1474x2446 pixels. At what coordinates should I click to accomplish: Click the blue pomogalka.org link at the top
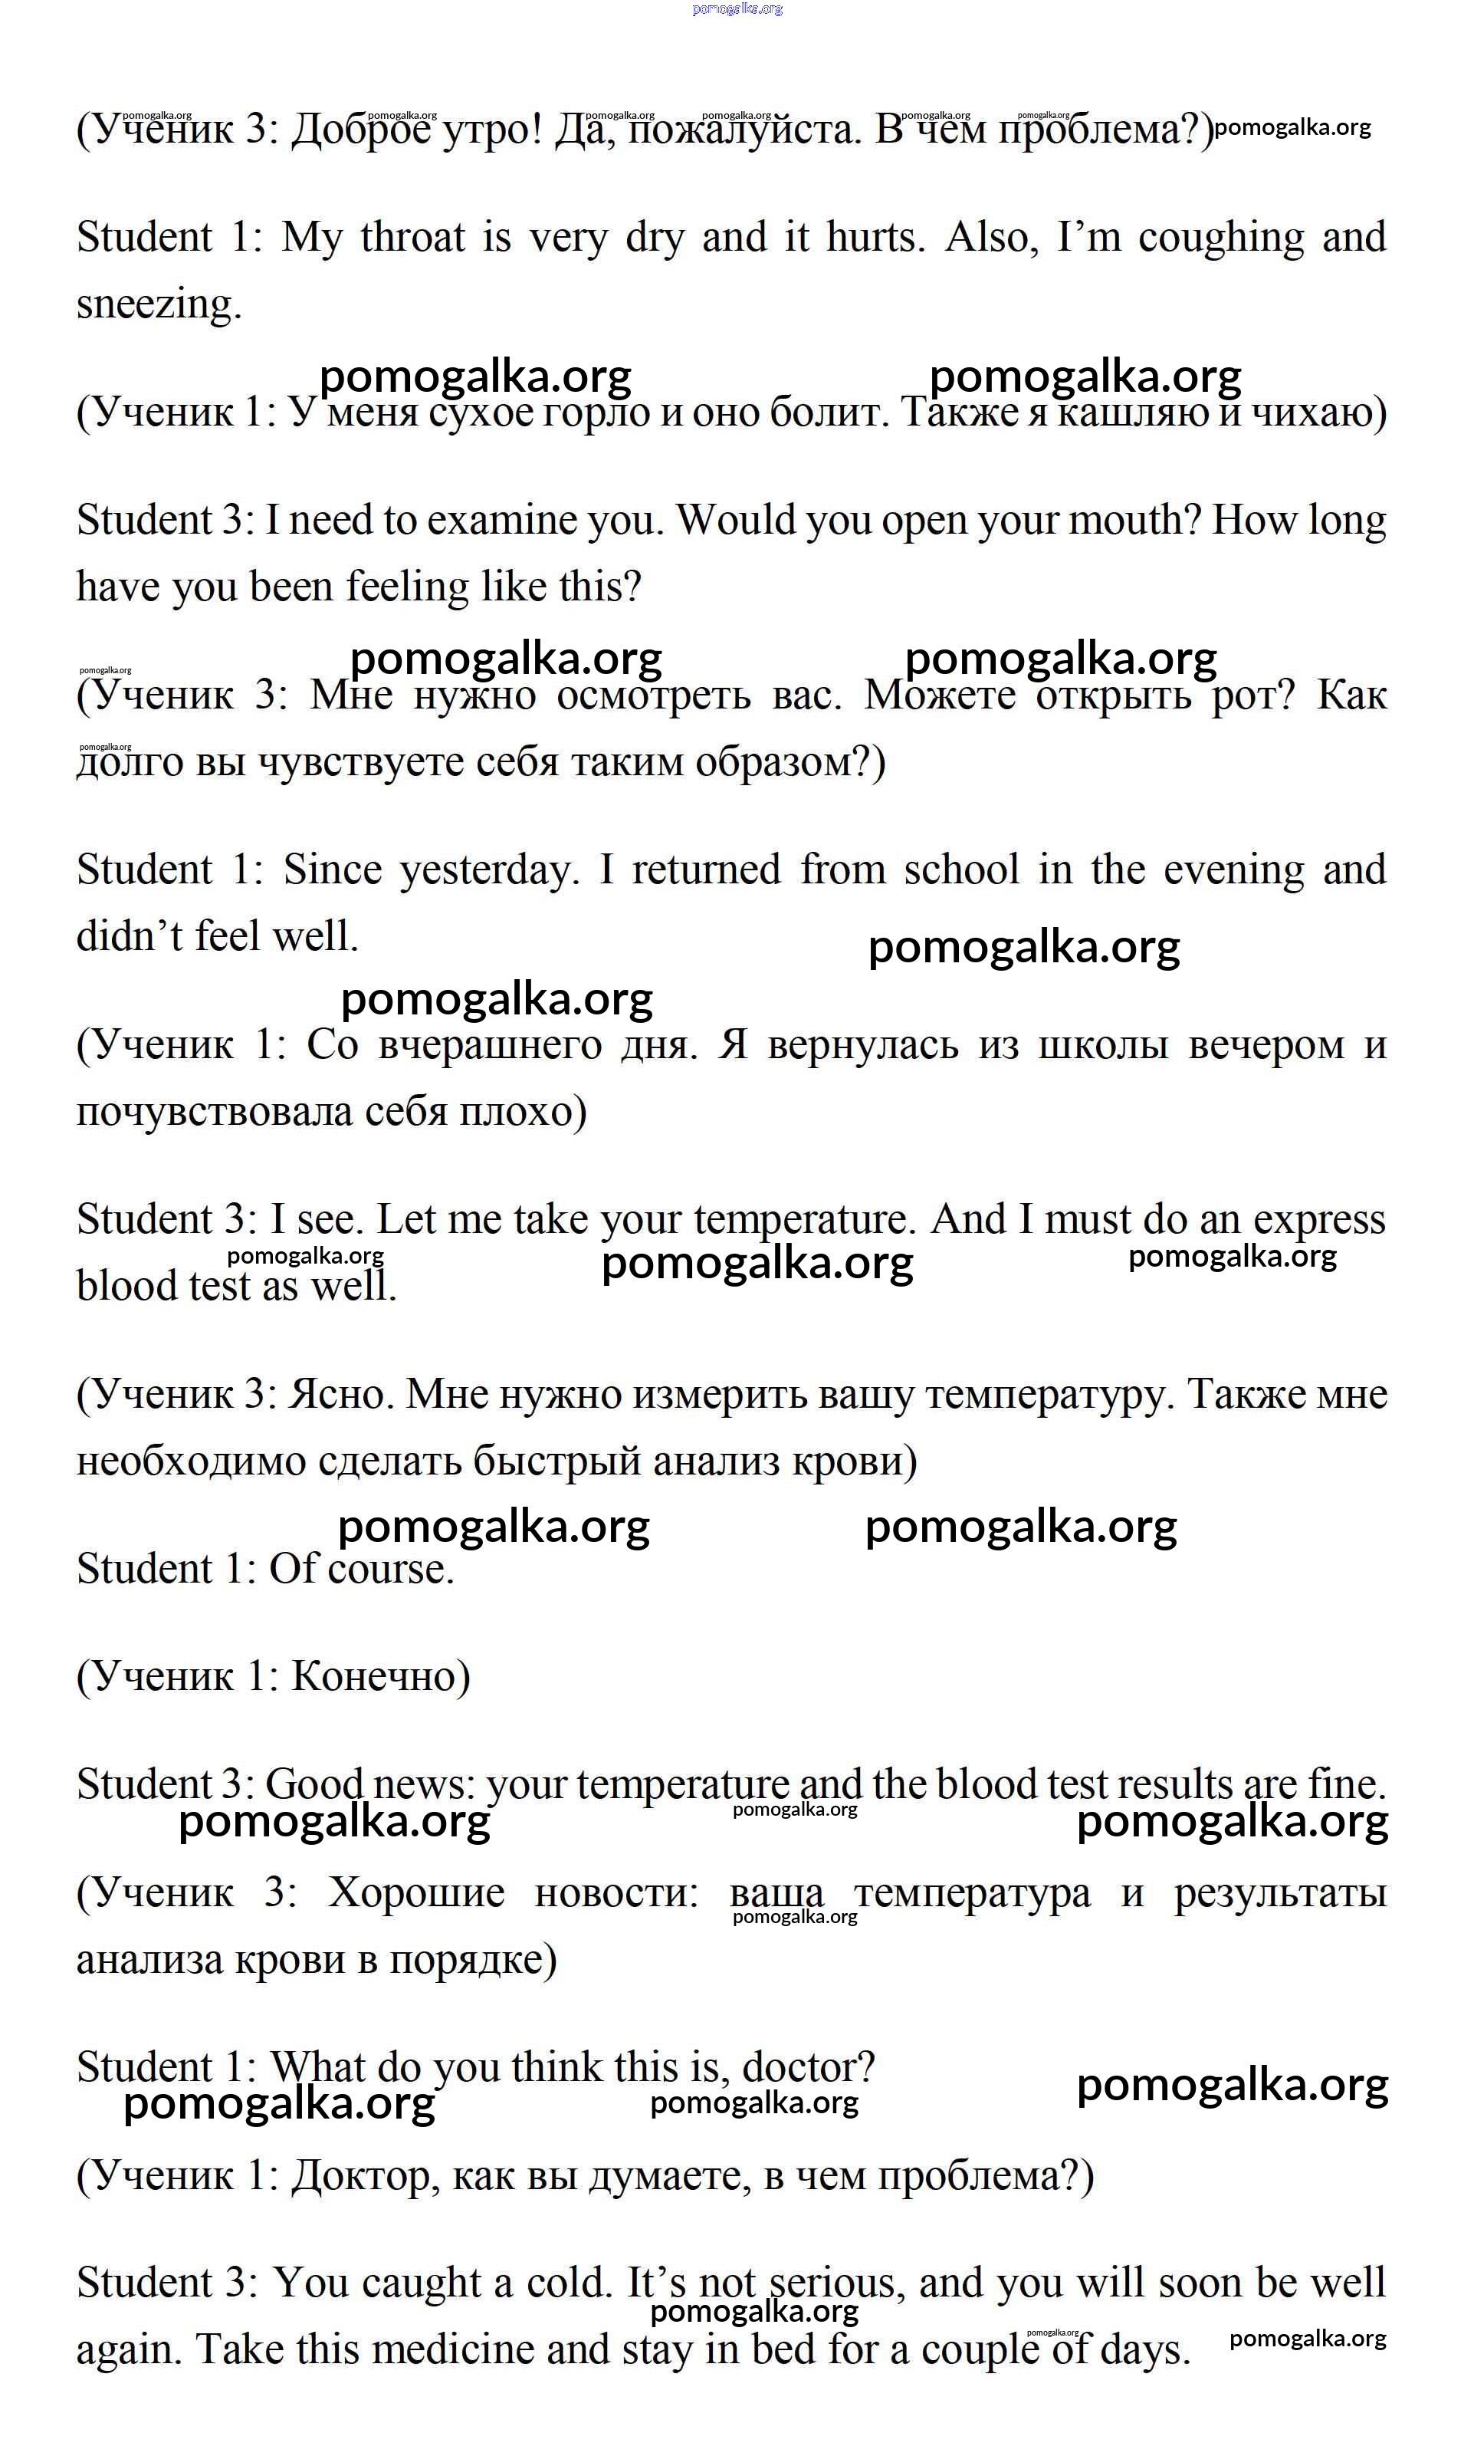click(x=737, y=9)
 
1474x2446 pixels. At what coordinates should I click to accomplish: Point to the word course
click(x=390, y=1570)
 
